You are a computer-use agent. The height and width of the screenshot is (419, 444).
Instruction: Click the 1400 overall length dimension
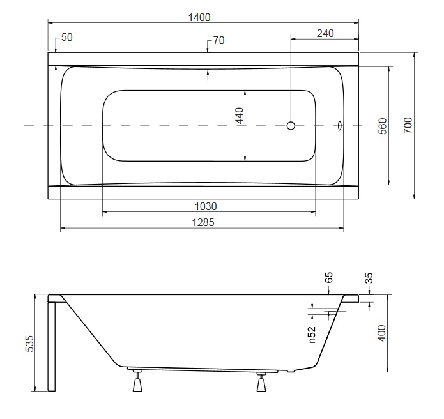point(199,17)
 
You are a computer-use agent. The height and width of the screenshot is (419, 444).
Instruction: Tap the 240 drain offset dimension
point(325,34)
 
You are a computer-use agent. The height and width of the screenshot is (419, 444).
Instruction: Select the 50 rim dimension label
point(67,38)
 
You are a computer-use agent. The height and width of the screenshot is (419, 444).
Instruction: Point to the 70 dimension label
point(218,40)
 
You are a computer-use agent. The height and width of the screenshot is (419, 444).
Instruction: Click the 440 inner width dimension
point(240,116)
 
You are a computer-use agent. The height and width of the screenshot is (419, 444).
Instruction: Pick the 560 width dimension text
point(383,126)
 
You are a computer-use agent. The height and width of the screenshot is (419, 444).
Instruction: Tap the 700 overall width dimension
point(408,125)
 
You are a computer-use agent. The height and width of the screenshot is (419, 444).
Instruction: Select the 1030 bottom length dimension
point(206,206)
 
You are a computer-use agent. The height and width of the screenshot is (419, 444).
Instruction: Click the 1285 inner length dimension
point(203,222)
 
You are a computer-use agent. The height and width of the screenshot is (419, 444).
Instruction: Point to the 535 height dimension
point(29,344)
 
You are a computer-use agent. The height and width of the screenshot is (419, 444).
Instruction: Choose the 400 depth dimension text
point(382,333)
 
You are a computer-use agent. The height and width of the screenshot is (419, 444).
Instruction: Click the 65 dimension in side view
point(329,277)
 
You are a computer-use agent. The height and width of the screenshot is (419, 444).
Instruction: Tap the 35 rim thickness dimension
point(369,278)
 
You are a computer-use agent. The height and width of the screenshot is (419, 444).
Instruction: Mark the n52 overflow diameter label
point(312,335)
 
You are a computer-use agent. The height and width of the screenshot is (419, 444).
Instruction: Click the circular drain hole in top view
point(291,125)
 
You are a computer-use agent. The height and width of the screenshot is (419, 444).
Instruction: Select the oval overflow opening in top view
point(339,125)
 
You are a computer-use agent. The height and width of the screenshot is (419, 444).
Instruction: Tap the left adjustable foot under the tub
point(137,381)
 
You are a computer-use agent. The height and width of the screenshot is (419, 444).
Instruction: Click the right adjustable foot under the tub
point(261,382)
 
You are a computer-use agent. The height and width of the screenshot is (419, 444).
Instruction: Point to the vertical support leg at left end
point(52,347)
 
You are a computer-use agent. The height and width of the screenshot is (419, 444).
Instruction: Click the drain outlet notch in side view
point(291,370)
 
